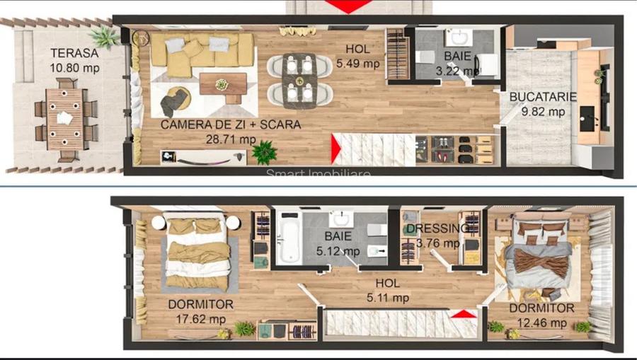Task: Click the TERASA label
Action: (x=74, y=53)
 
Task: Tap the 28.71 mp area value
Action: (x=230, y=139)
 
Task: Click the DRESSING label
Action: (x=438, y=228)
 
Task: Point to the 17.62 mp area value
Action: (x=200, y=319)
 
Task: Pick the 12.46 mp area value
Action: (x=541, y=323)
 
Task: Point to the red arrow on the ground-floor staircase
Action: (x=338, y=149)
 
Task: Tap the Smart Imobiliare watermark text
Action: (x=318, y=174)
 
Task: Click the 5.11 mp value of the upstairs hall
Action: (x=388, y=298)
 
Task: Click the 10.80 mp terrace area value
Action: (x=74, y=69)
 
